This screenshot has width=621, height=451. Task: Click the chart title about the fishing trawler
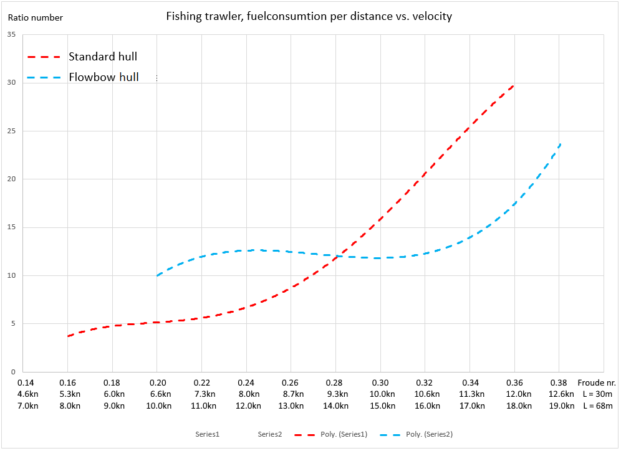pos(309,17)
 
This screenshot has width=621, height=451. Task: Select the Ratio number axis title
pos(35,17)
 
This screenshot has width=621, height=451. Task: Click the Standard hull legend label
pos(102,57)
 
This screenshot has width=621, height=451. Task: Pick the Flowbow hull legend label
pos(103,78)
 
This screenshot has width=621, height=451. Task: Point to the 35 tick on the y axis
pos(11,35)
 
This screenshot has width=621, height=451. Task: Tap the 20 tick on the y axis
pos(11,179)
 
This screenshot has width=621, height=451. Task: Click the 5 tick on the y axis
pos(13,324)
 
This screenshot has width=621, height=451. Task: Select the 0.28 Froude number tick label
pos(335,382)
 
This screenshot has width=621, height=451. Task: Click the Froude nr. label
pos(597,382)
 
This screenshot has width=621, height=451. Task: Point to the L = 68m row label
pos(597,406)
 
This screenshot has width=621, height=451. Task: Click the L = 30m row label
pos(597,394)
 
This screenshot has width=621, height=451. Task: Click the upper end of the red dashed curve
pos(513,86)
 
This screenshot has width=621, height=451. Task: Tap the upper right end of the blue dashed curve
pos(561,144)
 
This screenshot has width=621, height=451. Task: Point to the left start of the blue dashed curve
pos(158,275)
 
